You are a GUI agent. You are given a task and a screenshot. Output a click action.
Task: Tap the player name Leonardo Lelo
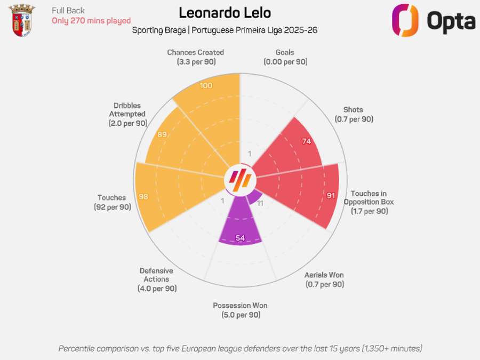pyautogui.click(x=225, y=13)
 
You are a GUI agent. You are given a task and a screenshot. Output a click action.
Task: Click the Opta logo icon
pyautogui.click(x=405, y=20)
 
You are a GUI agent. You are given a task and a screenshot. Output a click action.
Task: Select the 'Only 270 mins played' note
pyautogui.click(x=91, y=21)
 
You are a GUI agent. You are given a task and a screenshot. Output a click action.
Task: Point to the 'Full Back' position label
pyautogui.click(x=68, y=10)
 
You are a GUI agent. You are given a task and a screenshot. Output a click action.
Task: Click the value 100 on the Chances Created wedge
pyautogui.click(x=206, y=86)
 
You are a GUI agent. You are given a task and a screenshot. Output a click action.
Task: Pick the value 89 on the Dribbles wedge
pyautogui.click(x=163, y=134)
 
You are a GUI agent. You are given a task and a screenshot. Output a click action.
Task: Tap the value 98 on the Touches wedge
pyautogui.click(x=143, y=196)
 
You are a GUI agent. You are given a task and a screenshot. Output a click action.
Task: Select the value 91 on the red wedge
pyautogui.click(x=331, y=195)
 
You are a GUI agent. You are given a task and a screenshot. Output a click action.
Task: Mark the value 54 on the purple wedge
pyautogui.click(x=240, y=238)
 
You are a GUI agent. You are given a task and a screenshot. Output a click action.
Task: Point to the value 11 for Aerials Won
pyautogui.click(x=260, y=203)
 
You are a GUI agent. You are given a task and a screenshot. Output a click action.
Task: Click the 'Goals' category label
pyautogui.click(x=285, y=52)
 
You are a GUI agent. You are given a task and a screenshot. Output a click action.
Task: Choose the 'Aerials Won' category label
pyautogui.click(x=324, y=275)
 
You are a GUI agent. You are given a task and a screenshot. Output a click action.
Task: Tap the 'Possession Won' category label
pyautogui.click(x=240, y=306)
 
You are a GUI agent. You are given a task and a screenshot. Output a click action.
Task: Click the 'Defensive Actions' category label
pyautogui.click(x=156, y=275)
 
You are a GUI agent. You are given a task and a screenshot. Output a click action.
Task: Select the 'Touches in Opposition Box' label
pyautogui.click(x=369, y=198)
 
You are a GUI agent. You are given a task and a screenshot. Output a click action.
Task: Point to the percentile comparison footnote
pyautogui.click(x=240, y=348)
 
